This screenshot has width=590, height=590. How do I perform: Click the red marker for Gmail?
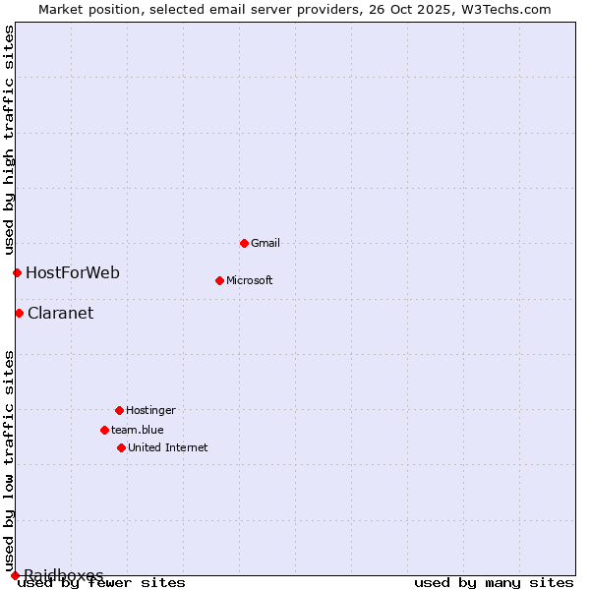[244, 243]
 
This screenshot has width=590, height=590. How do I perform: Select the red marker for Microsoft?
[219, 280]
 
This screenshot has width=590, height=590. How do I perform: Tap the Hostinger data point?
[119, 410]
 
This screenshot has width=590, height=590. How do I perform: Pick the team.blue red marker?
[104, 430]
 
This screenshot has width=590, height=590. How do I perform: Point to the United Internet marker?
[121, 447]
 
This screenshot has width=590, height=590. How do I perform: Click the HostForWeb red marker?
[17, 272]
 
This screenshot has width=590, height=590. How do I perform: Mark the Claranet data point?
[19, 313]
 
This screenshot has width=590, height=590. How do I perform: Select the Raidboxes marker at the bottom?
[15, 575]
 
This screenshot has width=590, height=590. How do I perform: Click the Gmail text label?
[265, 243]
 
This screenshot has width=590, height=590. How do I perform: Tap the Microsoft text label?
[250, 280]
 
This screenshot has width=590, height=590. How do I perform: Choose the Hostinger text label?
[150, 410]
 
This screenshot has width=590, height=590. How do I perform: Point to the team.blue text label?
[138, 430]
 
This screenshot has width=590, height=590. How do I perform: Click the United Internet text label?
[168, 447]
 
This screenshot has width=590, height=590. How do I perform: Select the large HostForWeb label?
[73, 272]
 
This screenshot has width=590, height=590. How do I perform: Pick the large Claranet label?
[61, 314]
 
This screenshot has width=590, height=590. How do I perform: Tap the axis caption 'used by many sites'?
[494, 583]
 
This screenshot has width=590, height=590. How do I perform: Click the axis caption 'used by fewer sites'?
[102, 583]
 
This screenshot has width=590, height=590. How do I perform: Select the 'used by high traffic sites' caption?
[9, 139]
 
